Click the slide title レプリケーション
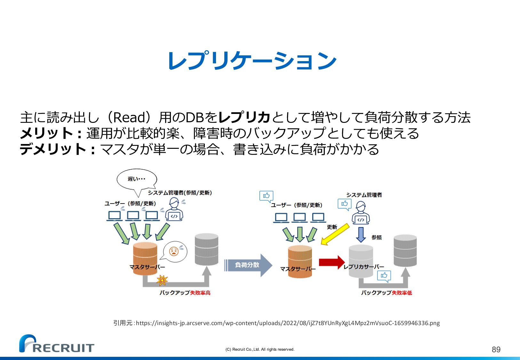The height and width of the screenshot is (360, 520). pyautogui.click(x=252, y=61)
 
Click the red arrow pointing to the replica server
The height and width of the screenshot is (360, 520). pyautogui.click(x=332, y=262)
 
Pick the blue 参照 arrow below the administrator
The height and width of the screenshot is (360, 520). pyautogui.click(x=361, y=235)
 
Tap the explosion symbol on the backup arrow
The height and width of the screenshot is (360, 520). pyautogui.click(x=162, y=280)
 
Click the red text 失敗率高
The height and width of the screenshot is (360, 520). pyautogui.click(x=200, y=293)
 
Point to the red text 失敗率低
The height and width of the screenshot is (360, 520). pyautogui.click(x=402, y=293)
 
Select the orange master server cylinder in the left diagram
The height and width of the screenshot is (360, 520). pyautogui.click(x=145, y=256)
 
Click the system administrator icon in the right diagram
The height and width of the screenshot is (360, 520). pyautogui.click(x=361, y=213)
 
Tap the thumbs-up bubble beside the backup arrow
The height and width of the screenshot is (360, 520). pyautogui.click(x=384, y=276)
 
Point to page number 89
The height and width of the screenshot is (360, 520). pyautogui.click(x=496, y=349)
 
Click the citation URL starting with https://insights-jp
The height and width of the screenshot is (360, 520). pyautogui.click(x=288, y=323)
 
